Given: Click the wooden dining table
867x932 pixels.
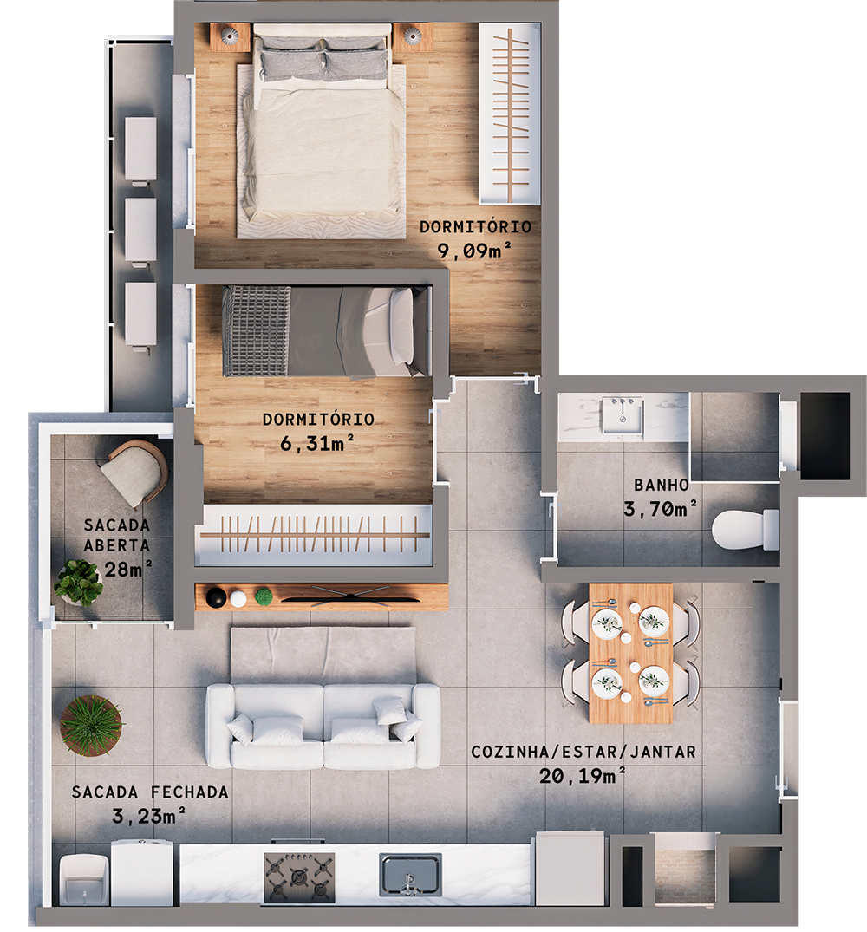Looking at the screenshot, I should coord(630,652).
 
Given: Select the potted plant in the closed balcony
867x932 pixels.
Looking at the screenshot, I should coord(90,725).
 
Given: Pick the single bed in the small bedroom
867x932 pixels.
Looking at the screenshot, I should coord(326,332).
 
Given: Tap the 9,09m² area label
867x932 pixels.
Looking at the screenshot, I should coord(473,252).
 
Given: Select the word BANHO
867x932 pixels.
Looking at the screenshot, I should coord(662,486).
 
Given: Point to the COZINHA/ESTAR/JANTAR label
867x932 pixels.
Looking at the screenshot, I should coord(583,752).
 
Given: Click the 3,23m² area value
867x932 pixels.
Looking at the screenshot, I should coord(149,815).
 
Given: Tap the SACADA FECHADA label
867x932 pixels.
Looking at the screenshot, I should coord(150,792).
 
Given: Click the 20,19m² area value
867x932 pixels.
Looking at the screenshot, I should coord(583,776).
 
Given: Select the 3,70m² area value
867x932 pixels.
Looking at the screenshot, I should coord(662,509).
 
